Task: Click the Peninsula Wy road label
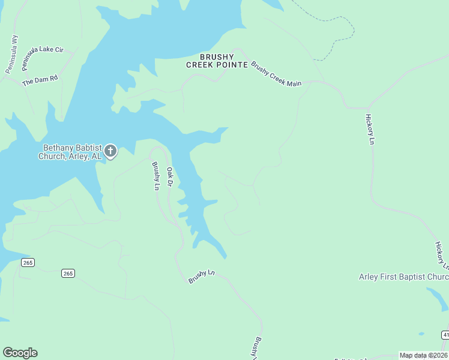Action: point(12,55)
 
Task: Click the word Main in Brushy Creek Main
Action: point(293,82)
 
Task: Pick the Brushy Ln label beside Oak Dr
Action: point(155,176)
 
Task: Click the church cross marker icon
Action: point(110,151)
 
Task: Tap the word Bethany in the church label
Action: point(59,148)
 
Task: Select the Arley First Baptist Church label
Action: point(403,277)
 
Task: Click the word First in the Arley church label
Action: point(393,277)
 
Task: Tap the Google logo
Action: point(20,353)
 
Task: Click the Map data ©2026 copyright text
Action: point(423,355)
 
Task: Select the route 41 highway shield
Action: point(445,334)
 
